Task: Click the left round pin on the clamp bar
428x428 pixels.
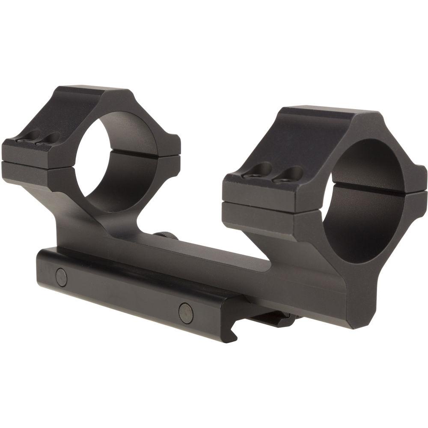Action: (62, 277)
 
